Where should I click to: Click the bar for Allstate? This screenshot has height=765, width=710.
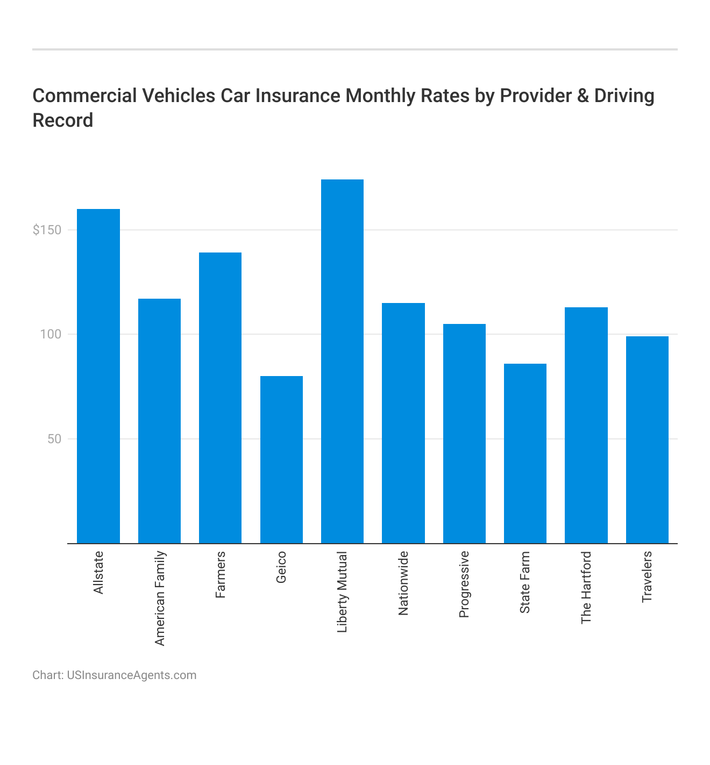coord(98,376)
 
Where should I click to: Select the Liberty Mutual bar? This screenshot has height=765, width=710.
coord(342,361)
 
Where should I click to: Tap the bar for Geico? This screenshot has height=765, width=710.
coord(281,459)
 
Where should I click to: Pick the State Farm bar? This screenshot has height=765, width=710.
coord(525,453)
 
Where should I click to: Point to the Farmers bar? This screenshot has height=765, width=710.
coord(220,398)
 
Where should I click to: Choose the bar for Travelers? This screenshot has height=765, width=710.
coord(647,439)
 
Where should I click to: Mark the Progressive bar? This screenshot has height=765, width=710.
coord(464,434)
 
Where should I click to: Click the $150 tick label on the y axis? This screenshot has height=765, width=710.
coord(47,230)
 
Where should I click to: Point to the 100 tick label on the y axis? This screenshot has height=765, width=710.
coord(52,334)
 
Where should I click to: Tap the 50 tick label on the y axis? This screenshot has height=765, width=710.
coord(54,439)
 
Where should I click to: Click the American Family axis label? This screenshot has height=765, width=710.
coord(160,598)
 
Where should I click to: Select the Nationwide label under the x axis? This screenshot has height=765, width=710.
coord(403,583)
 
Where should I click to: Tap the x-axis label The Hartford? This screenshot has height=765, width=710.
coord(586,587)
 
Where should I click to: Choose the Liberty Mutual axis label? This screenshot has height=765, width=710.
coord(343,591)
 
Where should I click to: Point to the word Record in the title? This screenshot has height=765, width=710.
coord(63,120)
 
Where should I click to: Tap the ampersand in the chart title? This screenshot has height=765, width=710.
coord(583,96)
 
